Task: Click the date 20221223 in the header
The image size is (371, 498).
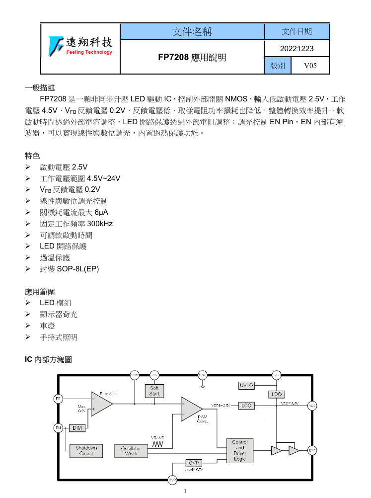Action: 297,49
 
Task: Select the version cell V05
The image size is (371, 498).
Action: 310,66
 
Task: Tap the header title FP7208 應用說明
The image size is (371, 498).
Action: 192,57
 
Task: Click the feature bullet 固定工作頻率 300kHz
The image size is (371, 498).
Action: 76,224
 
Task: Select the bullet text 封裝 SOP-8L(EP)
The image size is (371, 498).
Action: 69,269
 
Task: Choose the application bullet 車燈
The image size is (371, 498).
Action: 47,326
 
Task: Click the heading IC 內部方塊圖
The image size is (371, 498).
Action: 48,359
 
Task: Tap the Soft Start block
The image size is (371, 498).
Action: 154,391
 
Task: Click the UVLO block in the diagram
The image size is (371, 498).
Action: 247,385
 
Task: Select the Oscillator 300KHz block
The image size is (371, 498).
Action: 131,451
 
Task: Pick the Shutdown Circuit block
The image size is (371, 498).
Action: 86,450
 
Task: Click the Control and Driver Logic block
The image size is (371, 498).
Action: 240,450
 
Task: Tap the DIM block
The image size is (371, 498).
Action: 77,427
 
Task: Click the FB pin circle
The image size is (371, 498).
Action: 58,398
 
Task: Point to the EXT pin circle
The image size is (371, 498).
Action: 312,450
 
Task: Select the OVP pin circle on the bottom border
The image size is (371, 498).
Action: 172,480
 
